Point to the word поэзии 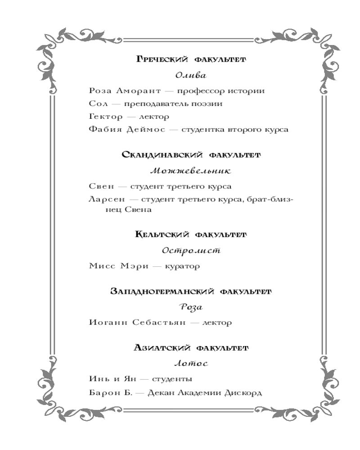[209, 104]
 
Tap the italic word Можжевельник [191, 171]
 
